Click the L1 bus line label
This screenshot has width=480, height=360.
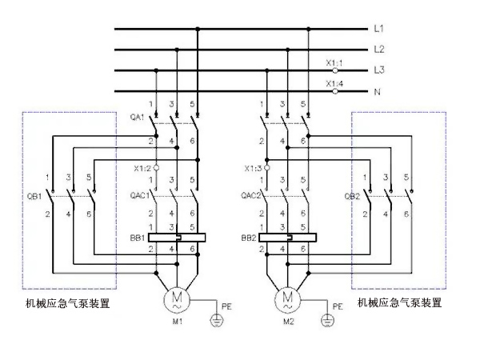379,30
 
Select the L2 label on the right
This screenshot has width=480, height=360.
379,50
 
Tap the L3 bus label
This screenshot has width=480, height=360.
379,70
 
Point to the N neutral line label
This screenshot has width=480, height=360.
377,92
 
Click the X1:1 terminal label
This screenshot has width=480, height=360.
334,62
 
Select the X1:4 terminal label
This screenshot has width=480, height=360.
334,84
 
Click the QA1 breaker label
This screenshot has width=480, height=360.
136,117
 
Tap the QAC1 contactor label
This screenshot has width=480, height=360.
139,194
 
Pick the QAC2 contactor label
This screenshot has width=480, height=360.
250,194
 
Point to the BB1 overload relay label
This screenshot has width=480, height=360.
138,238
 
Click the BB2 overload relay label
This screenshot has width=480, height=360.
249,238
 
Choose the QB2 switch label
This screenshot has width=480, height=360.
352,194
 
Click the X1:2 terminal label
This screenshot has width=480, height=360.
143,168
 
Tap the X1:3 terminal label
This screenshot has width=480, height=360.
254,168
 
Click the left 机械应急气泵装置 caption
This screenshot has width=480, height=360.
67,302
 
